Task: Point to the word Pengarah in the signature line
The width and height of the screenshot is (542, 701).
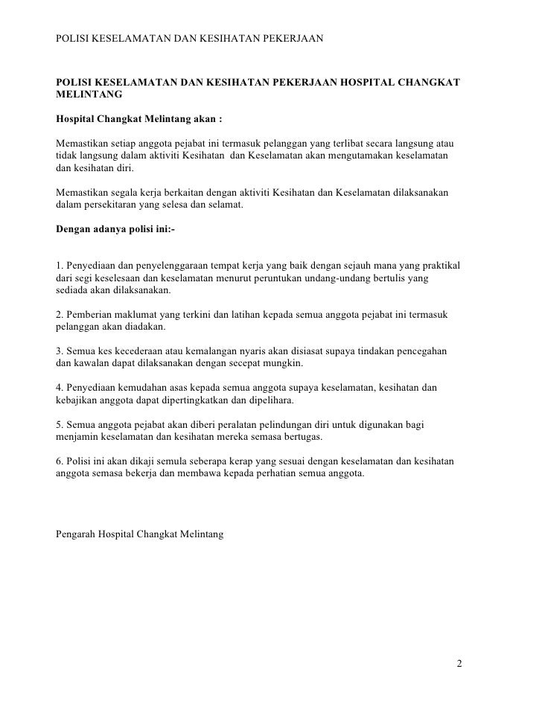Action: tap(77, 534)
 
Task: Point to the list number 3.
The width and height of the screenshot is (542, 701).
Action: tap(60, 350)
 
